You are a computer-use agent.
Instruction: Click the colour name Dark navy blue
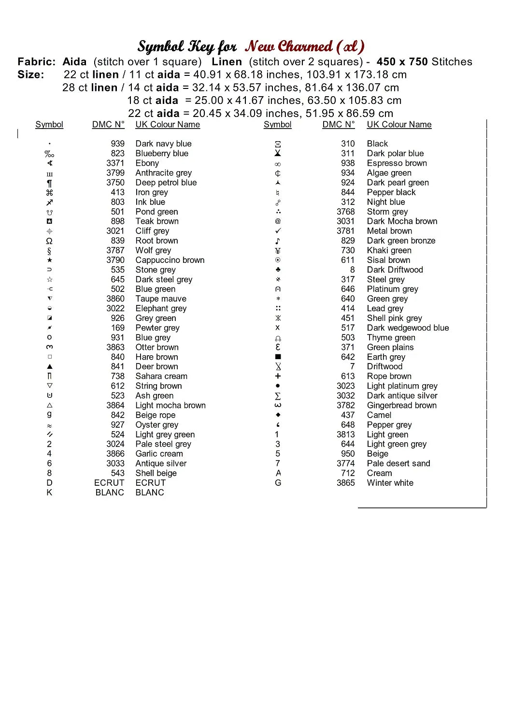click(x=163, y=144)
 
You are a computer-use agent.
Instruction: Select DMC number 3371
click(x=115, y=163)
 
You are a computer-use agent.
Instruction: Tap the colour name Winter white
click(x=390, y=483)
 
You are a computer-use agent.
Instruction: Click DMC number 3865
click(x=345, y=483)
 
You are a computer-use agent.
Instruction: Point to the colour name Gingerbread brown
click(x=401, y=405)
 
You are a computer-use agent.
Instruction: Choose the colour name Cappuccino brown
click(x=170, y=260)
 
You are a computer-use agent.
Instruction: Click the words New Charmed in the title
click(x=288, y=46)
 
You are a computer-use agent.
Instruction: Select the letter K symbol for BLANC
click(x=49, y=493)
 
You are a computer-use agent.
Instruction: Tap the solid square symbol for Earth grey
click(x=278, y=357)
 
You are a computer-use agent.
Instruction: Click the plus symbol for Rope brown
click(x=278, y=376)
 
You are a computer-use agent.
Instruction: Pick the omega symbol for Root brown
click(x=49, y=241)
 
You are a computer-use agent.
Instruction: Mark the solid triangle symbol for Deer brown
click(x=49, y=366)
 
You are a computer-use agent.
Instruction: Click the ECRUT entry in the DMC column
click(x=109, y=483)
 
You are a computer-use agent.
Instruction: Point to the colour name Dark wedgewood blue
click(x=408, y=328)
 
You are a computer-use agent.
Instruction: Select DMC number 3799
click(x=115, y=173)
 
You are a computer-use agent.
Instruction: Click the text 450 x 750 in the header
click(x=402, y=62)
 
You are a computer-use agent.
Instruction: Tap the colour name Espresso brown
click(x=397, y=163)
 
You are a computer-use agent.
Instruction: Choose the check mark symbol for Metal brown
click(x=278, y=231)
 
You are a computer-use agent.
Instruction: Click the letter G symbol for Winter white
click(x=278, y=483)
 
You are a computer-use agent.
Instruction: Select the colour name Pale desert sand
click(x=398, y=464)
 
